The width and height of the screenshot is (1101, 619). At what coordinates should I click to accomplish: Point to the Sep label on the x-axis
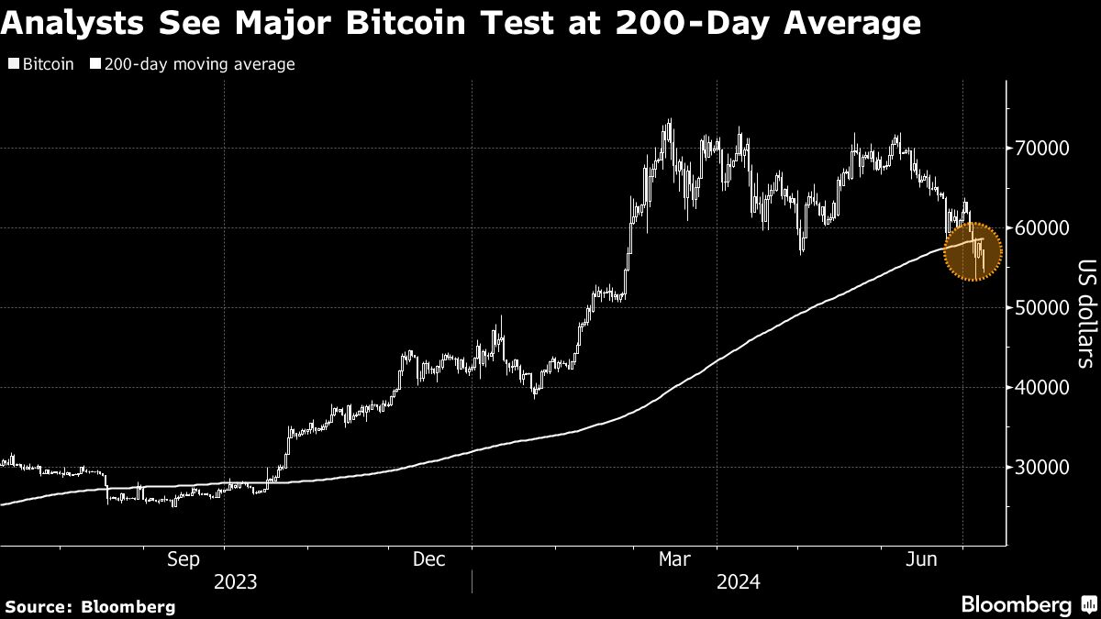(x=184, y=558)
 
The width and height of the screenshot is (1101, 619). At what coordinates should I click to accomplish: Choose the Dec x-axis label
(x=428, y=558)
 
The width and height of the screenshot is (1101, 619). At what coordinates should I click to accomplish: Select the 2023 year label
(x=235, y=582)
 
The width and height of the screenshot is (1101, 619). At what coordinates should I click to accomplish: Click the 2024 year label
(x=739, y=582)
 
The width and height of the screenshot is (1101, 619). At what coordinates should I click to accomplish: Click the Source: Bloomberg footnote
(x=89, y=606)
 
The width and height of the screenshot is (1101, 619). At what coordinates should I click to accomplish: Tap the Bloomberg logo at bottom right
(x=1028, y=604)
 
